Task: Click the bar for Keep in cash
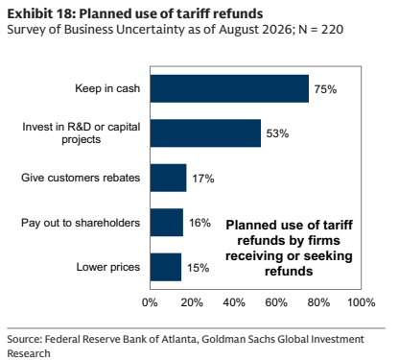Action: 229,88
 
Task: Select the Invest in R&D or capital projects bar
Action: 205,133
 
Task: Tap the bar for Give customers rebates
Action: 168,178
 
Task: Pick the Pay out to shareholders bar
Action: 167,223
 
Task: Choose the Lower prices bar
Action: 166,267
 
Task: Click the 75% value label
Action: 325,89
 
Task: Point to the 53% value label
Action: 277,133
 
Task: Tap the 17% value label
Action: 203,179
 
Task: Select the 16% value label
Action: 199,223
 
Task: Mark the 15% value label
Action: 199,268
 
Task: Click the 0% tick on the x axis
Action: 150,302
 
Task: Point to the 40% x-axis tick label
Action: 234,302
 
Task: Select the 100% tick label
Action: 362,302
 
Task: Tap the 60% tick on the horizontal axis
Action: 276,302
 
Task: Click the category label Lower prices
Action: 108,267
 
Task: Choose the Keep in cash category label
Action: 107,88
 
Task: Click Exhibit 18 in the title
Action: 41,13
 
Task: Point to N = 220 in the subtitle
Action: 320,30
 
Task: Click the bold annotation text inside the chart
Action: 289,248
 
